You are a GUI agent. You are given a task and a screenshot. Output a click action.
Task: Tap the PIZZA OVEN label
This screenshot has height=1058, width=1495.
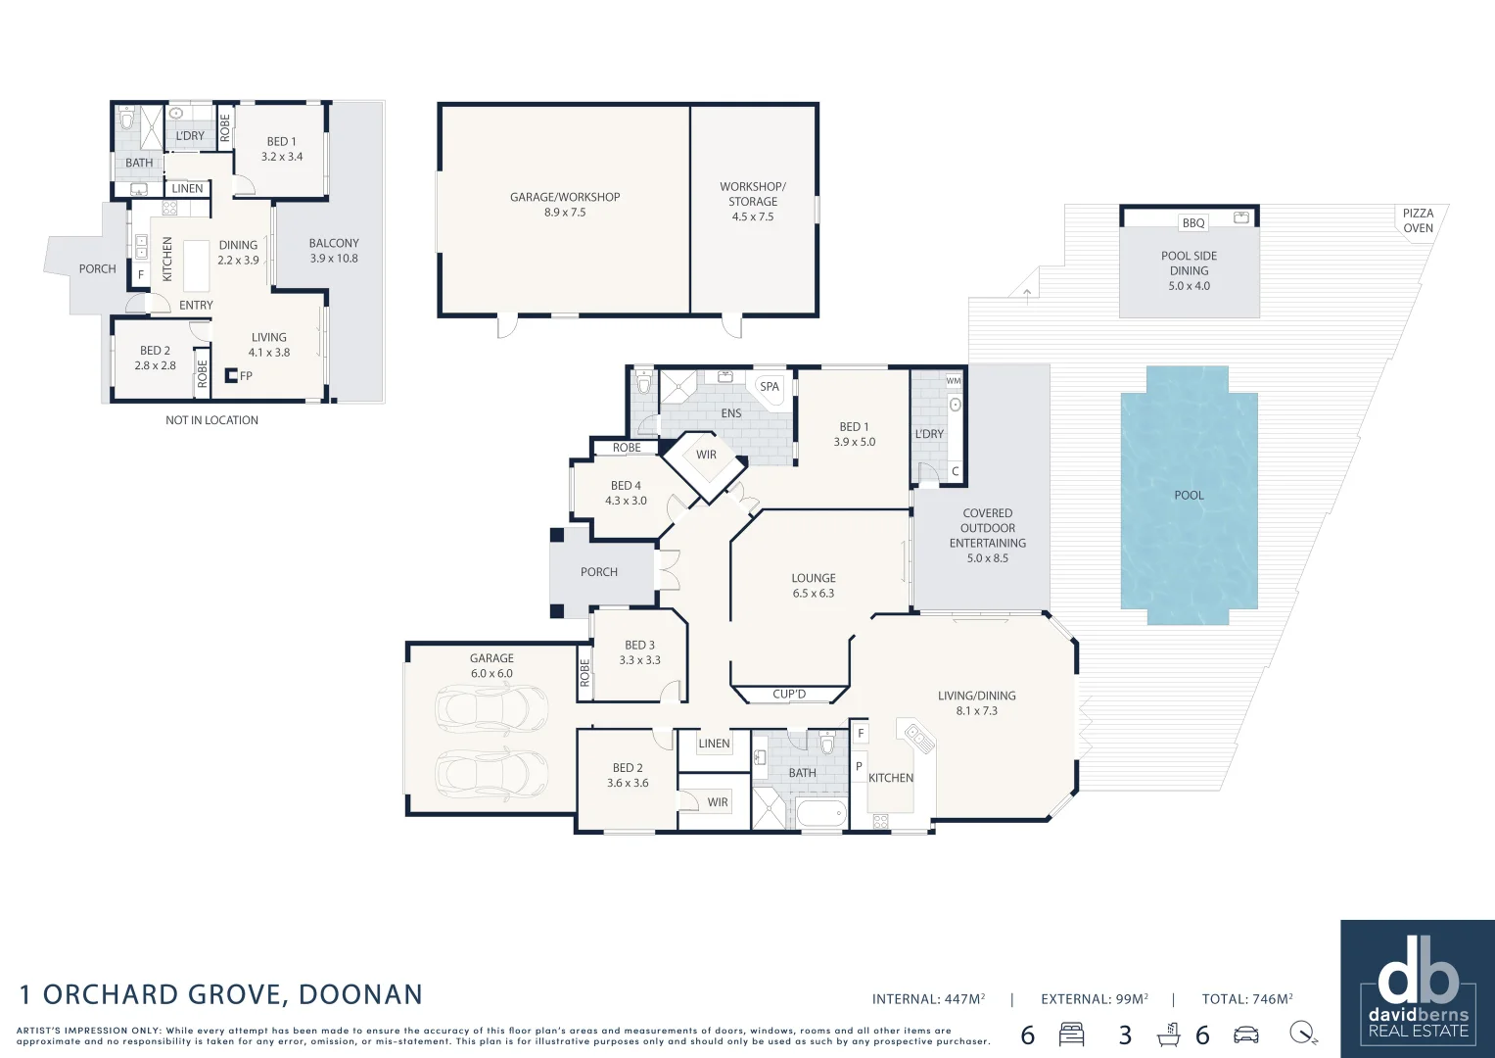point(1417,220)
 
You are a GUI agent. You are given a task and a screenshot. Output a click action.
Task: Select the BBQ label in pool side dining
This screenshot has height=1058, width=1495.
point(1192,223)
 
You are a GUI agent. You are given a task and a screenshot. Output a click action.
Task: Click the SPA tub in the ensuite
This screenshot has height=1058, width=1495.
point(770,387)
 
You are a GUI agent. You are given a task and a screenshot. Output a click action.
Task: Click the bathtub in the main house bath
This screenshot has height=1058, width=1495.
point(820,813)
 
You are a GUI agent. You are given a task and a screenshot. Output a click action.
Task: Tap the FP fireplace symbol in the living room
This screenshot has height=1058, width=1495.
point(233,375)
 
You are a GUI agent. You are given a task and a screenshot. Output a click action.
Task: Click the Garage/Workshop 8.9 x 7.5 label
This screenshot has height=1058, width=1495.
point(565,205)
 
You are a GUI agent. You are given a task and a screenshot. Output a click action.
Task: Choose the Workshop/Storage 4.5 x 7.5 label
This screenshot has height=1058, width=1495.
point(752,201)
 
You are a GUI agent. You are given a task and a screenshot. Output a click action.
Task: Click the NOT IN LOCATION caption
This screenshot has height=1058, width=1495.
point(211,420)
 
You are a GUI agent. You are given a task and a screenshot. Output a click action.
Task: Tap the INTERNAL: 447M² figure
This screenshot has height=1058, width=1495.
point(928,999)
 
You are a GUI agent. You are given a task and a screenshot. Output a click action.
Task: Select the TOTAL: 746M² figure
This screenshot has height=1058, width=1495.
point(1246,999)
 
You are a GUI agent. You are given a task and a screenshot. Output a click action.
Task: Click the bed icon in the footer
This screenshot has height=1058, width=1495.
point(1072,1034)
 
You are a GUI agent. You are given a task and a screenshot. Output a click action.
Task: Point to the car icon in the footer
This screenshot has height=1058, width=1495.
point(1245,1034)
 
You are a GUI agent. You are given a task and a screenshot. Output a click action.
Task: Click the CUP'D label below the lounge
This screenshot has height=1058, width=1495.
point(789,695)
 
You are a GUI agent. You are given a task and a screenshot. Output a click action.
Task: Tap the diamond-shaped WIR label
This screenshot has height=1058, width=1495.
point(706,456)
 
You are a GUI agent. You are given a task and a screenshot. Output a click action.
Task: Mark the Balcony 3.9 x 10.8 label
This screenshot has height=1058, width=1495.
point(334,251)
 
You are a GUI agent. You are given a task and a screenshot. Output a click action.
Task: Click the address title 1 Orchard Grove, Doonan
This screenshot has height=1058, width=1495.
point(221,994)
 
